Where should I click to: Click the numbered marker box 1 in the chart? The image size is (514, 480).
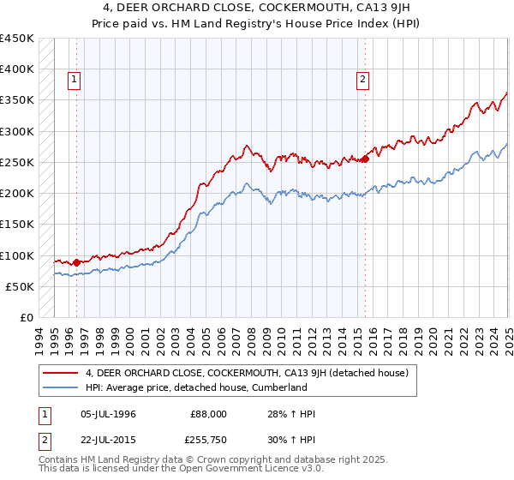pos(75,80)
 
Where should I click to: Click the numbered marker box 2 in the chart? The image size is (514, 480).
pos(363,80)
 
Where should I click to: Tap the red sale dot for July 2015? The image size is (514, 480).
pos(366,159)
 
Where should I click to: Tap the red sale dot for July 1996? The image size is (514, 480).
pos(76,262)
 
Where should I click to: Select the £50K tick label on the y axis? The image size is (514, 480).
pos(20,286)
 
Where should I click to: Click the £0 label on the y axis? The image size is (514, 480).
pos(26,317)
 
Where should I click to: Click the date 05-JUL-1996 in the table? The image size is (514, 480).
pos(108,414)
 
